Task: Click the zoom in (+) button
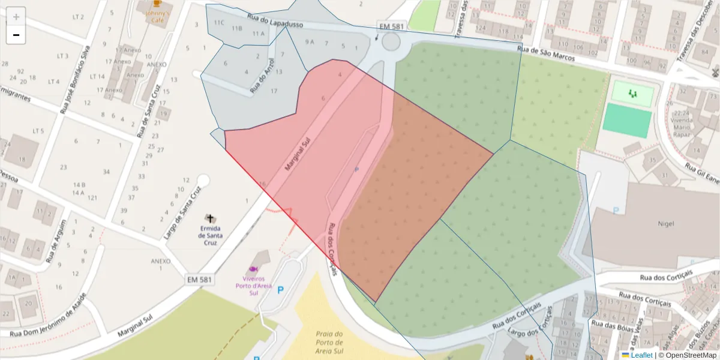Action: click(x=16, y=16)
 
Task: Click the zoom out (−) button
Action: click(x=16, y=35)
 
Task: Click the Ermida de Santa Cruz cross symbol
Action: click(x=209, y=218)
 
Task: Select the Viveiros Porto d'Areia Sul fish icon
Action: click(x=253, y=269)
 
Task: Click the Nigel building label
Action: click(x=666, y=223)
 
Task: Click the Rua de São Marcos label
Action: click(x=545, y=55)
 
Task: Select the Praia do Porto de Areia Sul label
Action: click(x=329, y=343)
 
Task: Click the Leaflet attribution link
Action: click(x=641, y=355)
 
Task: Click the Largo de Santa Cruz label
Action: click(x=182, y=212)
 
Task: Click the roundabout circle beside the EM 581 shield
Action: click(x=391, y=42)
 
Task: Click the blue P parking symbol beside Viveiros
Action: click(x=280, y=290)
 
